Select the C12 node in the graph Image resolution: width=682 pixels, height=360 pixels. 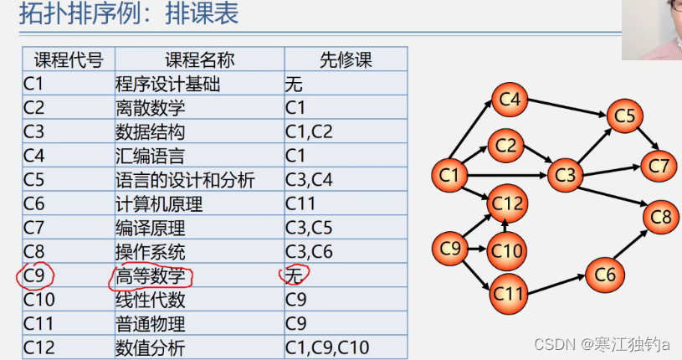coord(507,202)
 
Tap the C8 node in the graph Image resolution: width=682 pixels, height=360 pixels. coord(660,217)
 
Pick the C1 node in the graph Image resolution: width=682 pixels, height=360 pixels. coord(449,175)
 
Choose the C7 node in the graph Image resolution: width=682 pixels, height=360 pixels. coord(659,165)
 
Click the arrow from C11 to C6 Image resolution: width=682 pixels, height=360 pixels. coord(556,284)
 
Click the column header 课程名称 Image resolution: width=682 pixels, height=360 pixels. coord(199,59)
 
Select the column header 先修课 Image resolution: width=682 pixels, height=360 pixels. coord(345,59)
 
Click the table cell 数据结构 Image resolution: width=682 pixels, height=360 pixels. coord(150,131)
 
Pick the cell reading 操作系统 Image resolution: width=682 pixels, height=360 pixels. coord(150,251)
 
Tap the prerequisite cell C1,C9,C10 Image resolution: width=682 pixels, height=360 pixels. coord(327,347)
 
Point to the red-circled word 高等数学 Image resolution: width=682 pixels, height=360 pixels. coord(150,275)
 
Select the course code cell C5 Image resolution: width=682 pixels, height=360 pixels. coord(34,179)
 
